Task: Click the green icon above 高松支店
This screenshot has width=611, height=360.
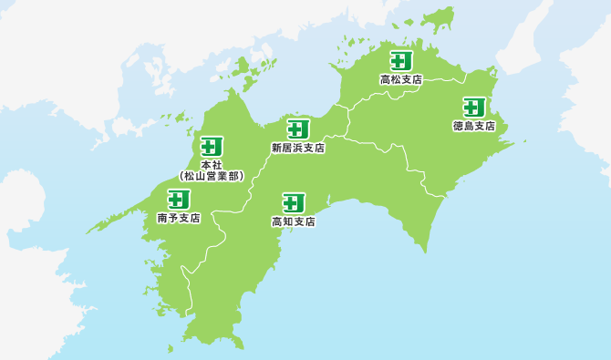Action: (x=401, y=61)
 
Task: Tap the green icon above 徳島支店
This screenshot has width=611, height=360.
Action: (x=473, y=107)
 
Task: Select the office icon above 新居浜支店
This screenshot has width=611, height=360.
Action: (x=297, y=129)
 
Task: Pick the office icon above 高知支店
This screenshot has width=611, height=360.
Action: (x=293, y=203)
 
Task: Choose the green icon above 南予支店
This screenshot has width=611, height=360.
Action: (x=179, y=199)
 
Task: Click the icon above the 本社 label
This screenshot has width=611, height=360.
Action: (x=212, y=146)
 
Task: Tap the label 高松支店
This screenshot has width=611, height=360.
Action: (x=401, y=80)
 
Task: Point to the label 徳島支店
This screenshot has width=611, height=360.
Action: (x=473, y=126)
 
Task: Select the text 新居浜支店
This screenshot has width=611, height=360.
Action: (x=297, y=147)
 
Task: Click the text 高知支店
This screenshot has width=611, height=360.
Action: (x=293, y=221)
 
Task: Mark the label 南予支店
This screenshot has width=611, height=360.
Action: (x=179, y=219)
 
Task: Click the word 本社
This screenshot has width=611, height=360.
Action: (x=212, y=164)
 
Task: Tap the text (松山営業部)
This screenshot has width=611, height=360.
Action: (x=212, y=176)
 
